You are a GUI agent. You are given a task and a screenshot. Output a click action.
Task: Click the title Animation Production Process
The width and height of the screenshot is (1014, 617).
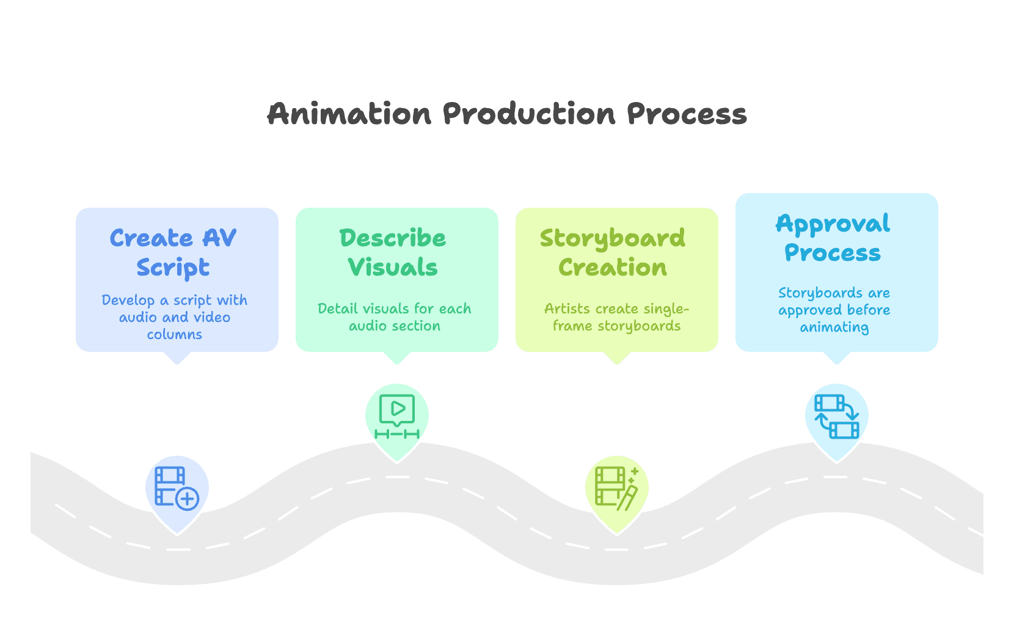point(507,114)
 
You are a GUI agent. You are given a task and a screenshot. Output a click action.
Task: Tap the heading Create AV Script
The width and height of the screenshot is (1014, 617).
point(173,252)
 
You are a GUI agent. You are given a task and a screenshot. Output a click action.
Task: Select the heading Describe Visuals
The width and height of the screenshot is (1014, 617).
point(393,252)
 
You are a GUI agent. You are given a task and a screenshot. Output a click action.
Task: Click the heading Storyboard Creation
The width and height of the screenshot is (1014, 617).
point(613,252)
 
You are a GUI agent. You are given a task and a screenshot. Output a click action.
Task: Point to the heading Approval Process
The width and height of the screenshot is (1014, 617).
point(833,238)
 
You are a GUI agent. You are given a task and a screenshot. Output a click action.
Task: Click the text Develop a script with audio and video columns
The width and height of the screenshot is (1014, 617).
point(175,317)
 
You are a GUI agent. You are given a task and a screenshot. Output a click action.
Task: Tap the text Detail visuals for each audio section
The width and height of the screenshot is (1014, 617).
point(395,317)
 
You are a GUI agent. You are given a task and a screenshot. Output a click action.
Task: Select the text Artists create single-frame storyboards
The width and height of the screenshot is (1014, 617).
point(616,317)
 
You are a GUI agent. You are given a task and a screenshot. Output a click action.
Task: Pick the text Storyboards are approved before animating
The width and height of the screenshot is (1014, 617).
point(834,310)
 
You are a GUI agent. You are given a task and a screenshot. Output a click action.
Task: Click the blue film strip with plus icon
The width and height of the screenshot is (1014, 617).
point(177,487)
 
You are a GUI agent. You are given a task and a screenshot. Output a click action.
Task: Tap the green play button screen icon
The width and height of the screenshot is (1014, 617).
point(397,416)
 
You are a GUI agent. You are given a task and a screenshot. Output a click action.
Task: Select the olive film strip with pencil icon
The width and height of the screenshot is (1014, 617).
point(616,487)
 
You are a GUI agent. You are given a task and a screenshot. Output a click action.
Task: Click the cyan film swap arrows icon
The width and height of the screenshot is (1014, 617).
point(836,416)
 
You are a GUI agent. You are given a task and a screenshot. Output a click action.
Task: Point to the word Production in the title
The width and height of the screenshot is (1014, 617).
point(529,114)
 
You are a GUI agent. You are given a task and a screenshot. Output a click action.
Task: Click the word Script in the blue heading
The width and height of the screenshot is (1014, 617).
point(173,268)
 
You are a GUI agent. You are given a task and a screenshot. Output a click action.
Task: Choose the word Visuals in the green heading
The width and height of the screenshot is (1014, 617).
point(393,268)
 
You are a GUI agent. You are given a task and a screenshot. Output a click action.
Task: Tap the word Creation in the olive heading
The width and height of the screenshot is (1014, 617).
point(613,268)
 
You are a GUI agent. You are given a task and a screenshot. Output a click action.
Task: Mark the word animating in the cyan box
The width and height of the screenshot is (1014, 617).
point(834,327)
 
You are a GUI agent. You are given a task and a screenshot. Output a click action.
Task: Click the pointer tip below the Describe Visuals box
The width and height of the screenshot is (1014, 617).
point(397,362)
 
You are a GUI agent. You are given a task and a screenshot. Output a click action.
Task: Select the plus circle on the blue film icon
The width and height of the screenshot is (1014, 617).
point(188,498)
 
